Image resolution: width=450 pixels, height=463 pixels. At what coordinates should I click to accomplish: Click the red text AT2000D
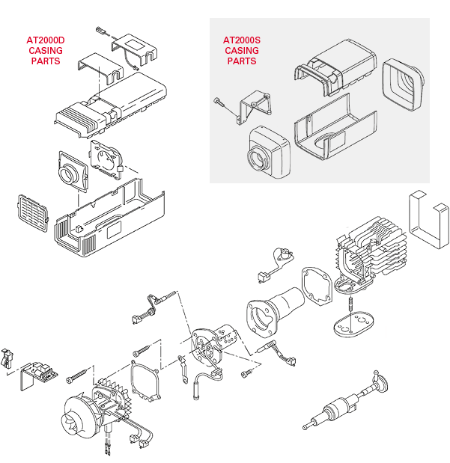coord(46,40)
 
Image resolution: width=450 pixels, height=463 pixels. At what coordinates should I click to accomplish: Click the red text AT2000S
coord(240,40)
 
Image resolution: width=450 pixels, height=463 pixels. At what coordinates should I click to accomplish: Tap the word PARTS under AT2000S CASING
coord(240,61)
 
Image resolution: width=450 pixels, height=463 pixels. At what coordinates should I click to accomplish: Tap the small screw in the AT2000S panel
coord(218,101)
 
